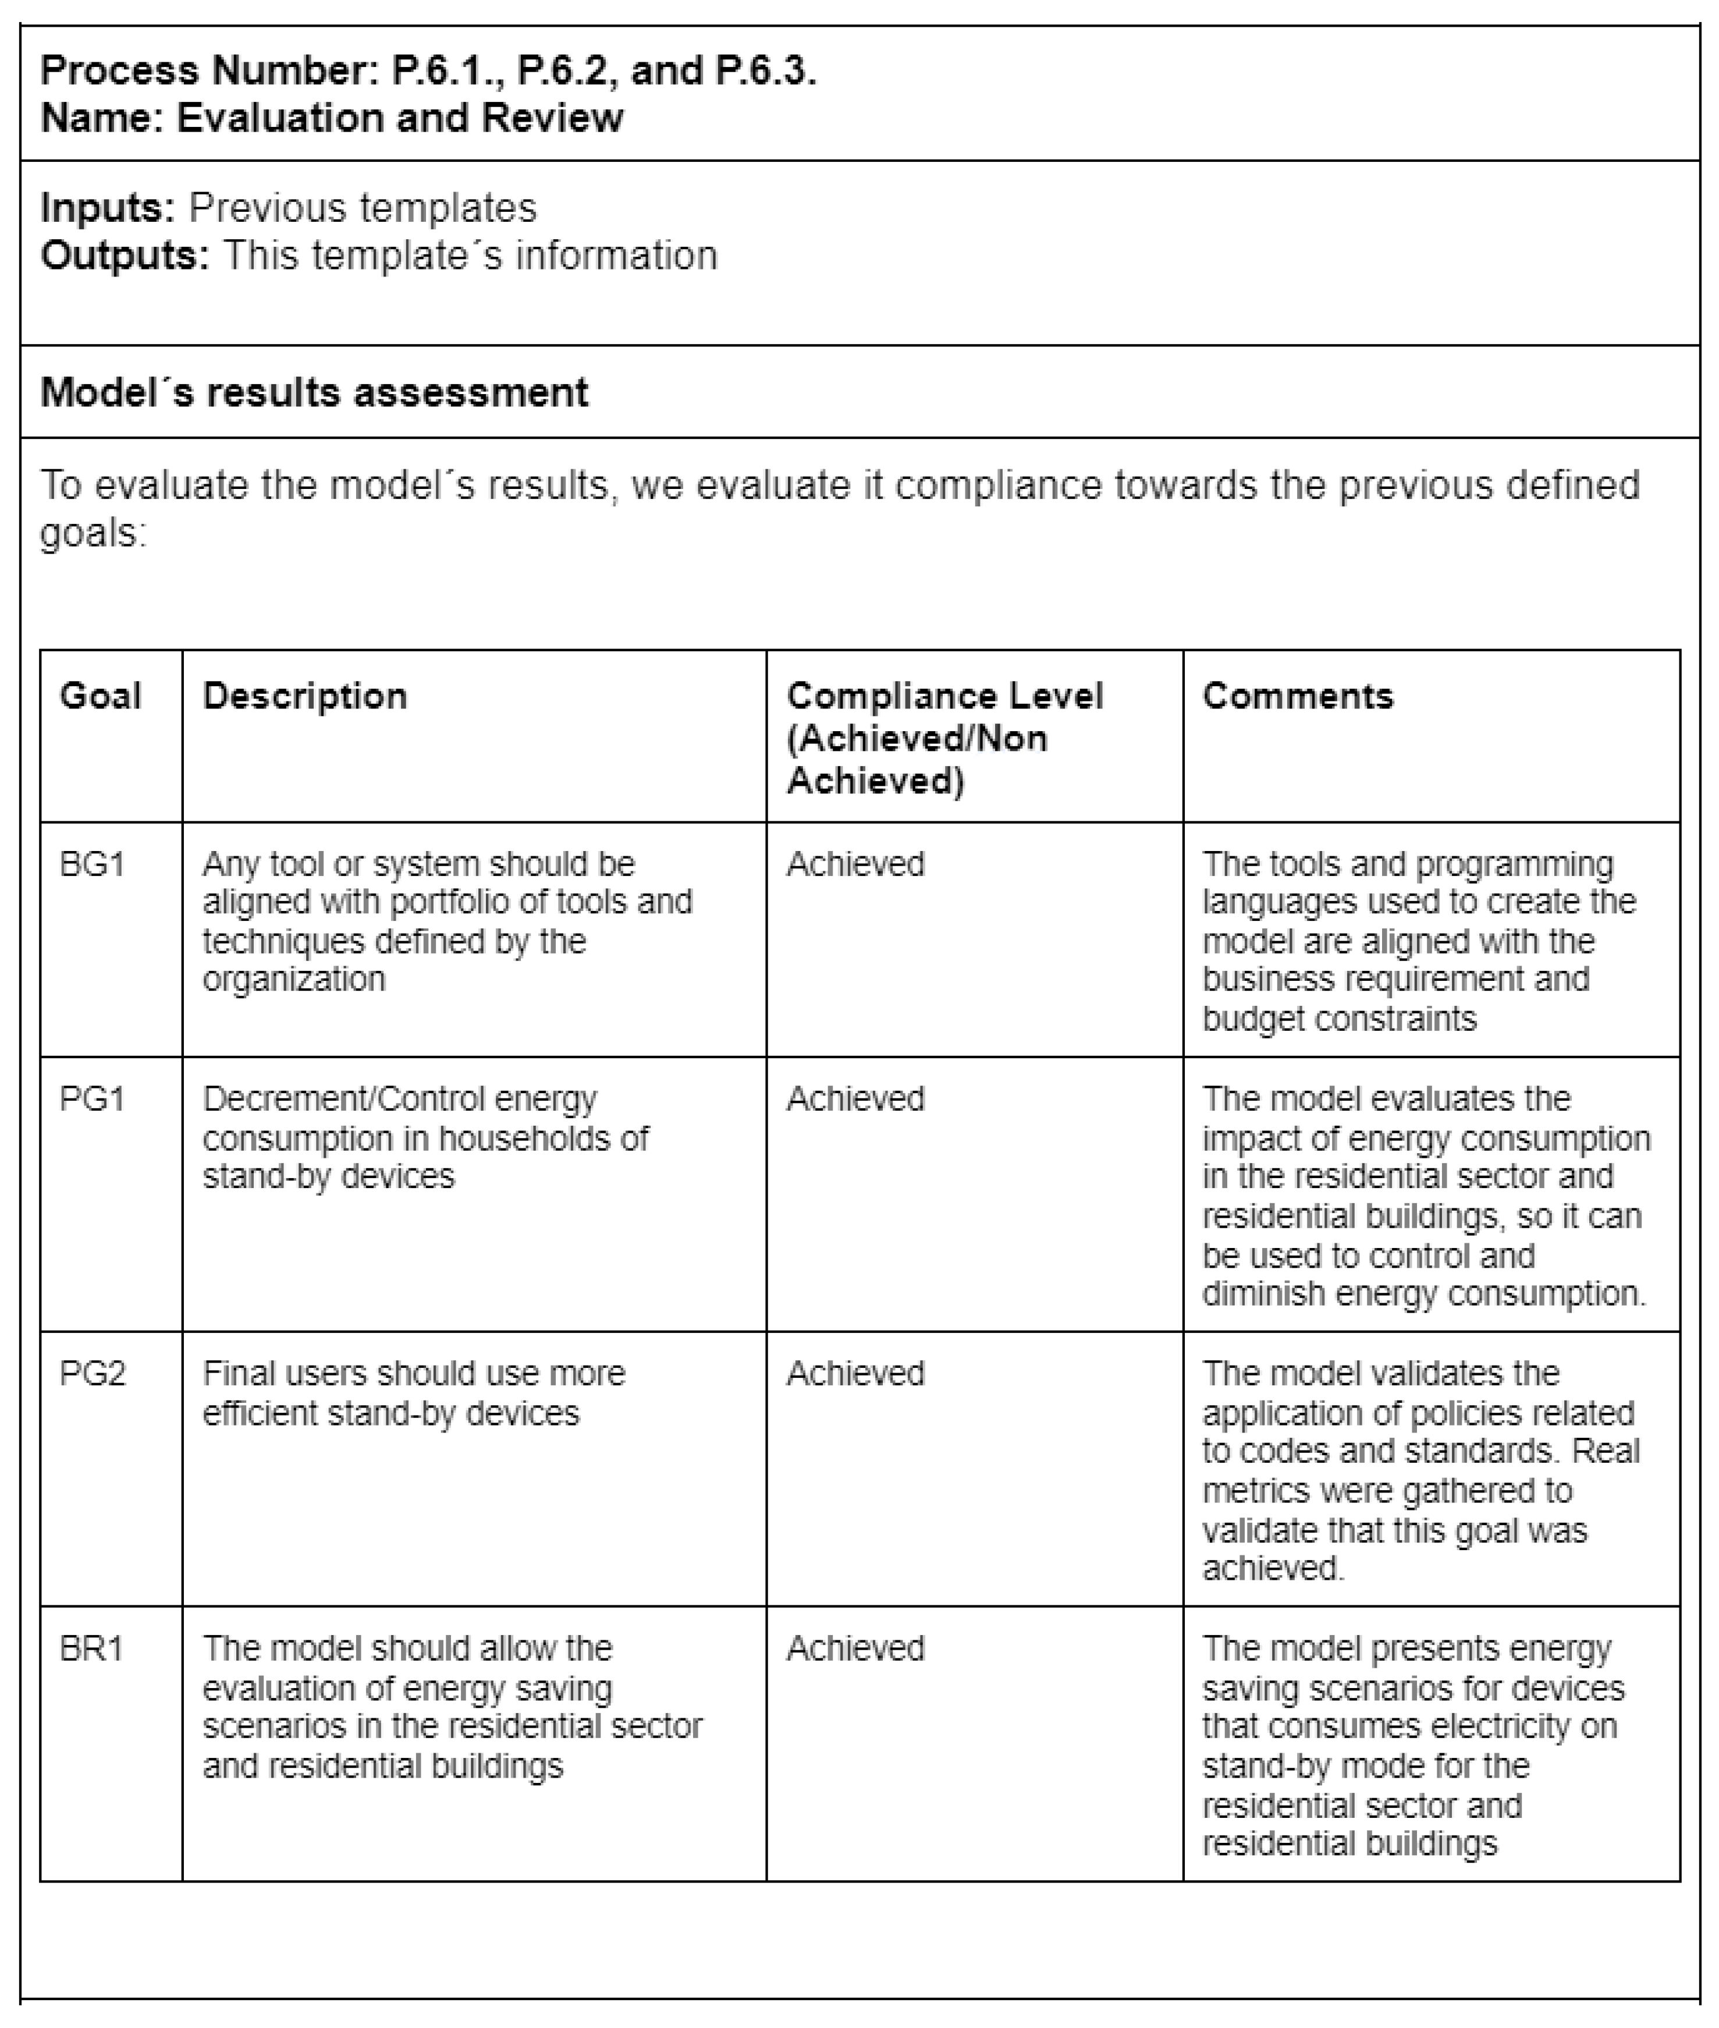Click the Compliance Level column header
944,737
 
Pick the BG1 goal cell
93,864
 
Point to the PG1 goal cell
93,1099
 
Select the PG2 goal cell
93,1374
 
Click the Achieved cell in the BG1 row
855,864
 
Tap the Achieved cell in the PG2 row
855,1374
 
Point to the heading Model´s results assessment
314,393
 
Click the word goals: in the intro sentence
93,533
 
